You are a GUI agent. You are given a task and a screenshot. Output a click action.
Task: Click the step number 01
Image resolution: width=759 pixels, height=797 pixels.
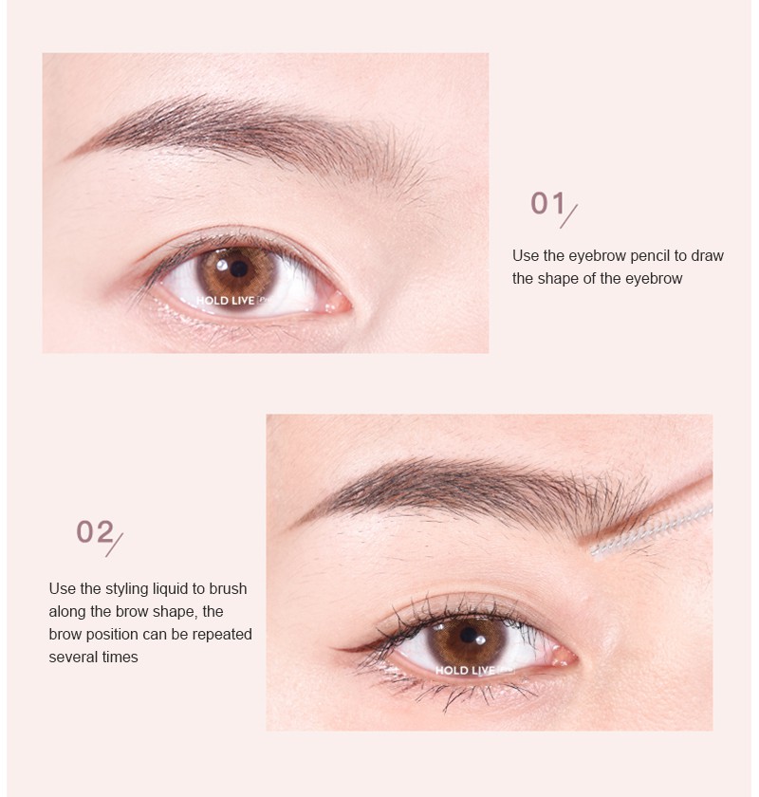point(547,203)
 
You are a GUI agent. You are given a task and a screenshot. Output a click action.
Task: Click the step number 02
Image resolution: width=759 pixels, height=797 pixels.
point(95,532)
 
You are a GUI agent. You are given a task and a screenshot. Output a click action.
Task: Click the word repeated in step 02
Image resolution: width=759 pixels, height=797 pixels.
point(222,634)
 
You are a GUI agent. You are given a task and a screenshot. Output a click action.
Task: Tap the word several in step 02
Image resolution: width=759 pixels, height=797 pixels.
point(74,657)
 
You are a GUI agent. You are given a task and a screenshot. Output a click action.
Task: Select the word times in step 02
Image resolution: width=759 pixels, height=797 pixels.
point(120,657)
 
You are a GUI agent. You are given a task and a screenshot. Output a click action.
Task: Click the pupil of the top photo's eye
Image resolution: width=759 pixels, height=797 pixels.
point(237,269)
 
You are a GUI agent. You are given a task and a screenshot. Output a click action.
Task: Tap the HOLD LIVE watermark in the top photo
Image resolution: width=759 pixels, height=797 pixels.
point(226,301)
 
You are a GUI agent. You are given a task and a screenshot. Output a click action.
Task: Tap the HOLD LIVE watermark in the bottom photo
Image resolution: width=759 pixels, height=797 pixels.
point(466,670)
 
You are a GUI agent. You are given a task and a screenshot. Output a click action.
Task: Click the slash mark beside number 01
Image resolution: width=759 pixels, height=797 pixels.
point(568,214)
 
